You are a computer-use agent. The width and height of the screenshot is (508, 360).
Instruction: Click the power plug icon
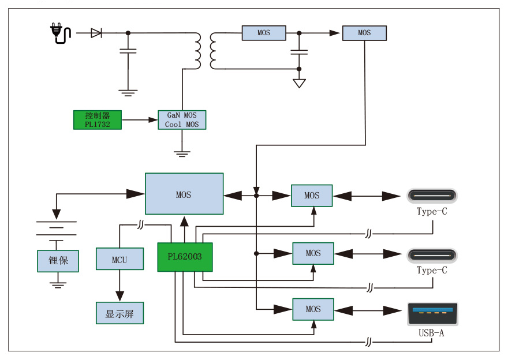[59, 33]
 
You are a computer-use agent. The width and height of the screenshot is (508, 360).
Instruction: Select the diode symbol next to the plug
[96, 33]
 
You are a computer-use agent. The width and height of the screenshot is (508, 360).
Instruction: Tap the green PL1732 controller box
[98, 119]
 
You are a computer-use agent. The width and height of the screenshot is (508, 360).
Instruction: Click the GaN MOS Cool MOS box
[182, 119]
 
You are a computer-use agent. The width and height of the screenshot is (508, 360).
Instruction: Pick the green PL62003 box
[185, 257]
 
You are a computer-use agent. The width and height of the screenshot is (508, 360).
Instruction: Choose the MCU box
[119, 260]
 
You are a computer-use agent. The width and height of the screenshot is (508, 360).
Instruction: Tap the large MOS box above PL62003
[184, 194]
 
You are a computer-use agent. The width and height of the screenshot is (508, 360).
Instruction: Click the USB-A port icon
[432, 314]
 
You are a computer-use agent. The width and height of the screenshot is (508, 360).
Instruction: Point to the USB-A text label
[432, 333]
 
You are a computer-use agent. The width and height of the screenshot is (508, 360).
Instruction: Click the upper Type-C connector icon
[432, 195]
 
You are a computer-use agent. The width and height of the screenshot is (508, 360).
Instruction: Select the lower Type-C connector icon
[432, 254]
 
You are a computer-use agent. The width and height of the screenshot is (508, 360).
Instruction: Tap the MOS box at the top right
[364, 33]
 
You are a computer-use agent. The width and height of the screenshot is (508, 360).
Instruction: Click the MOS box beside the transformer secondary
[264, 33]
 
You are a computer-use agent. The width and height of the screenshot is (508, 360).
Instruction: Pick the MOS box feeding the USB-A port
[313, 309]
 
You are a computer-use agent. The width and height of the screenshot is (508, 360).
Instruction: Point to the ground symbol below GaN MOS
[182, 153]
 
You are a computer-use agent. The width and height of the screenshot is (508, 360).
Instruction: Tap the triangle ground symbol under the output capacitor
[299, 83]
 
